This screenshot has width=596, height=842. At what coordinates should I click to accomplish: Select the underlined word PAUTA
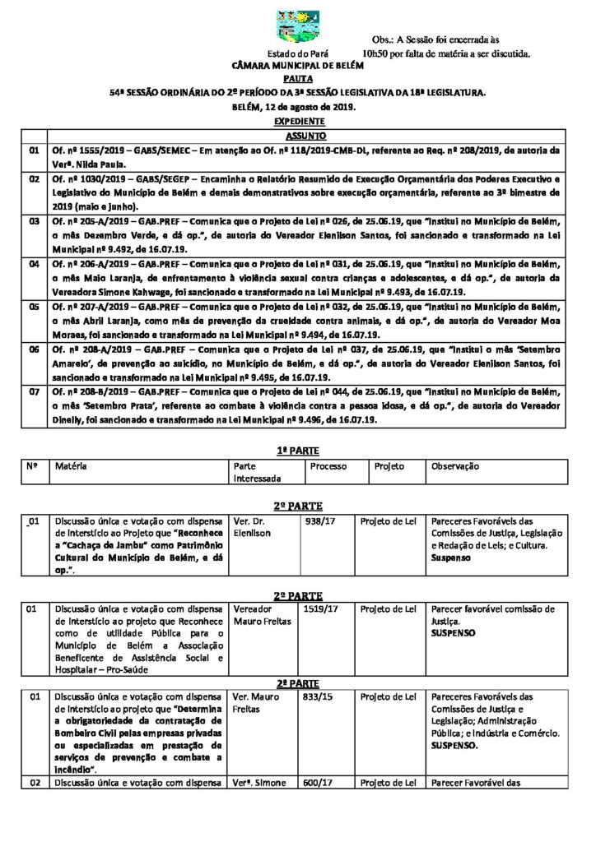[x=297, y=79]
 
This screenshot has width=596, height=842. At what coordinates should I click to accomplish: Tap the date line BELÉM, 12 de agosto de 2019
[x=297, y=107]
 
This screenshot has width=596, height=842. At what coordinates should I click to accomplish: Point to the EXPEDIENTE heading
[x=297, y=121]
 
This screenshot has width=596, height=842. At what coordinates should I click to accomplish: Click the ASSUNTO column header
[x=305, y=135]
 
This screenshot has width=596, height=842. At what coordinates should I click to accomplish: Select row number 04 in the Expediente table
[x=34, y=264]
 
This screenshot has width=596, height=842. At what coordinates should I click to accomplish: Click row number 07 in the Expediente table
[x=34, y=394]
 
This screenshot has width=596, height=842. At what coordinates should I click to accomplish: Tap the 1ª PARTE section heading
[x=297, y=451]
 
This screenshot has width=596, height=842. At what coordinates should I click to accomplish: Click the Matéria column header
[x=72, y=466]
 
